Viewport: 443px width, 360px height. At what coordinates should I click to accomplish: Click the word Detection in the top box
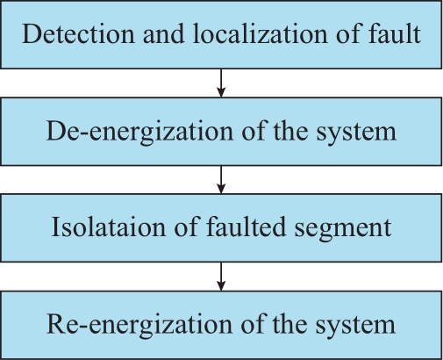tap(78, 34)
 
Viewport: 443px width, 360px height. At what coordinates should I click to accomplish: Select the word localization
tap(260, 34)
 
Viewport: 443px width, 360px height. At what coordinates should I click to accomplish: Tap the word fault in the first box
tap(394, 33)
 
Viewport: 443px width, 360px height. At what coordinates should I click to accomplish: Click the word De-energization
tap(139, 132)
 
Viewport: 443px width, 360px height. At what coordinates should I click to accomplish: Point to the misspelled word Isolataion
tap(108, 227)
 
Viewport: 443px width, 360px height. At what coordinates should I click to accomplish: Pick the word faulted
tap(246, 227)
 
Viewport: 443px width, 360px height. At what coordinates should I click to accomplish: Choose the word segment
tap(343, 228)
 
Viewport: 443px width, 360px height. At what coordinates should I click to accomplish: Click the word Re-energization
tap(139, 325)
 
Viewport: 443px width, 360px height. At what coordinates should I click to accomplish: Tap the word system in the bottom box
tap(355, 326)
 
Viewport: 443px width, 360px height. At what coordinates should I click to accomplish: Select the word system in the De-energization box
tap(356, 133)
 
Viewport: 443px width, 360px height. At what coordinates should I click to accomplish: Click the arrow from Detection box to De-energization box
tap(221, 83)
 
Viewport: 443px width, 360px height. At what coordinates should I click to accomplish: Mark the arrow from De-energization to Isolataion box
tap(221, 180)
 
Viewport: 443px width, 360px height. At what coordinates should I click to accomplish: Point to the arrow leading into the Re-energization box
tap(221, 277)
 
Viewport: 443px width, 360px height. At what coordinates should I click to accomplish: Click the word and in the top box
tap(164, 34)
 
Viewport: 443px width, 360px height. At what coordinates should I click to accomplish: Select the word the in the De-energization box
tap(290, 131)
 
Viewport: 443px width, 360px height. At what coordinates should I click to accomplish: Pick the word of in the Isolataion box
tap(186, 227)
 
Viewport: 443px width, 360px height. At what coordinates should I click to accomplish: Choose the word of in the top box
tap(347, 33)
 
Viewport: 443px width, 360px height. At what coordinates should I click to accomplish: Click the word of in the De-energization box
tap(254, 131)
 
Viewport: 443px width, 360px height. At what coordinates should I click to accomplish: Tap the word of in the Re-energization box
tap(253, 324)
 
